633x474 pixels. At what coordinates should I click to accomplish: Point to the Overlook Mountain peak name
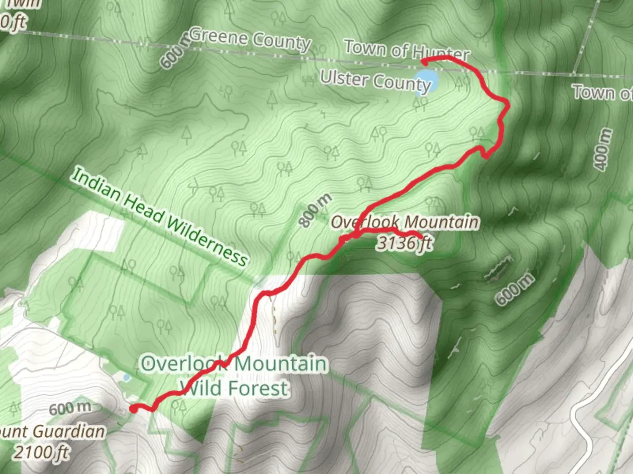(404, 222)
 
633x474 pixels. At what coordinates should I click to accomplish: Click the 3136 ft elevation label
(404, 243)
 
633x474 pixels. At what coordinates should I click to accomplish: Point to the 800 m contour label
(315, 210)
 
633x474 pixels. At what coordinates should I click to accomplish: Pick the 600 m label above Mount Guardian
(70, 409)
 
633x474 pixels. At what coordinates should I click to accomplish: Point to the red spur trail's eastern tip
(422, 238)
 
